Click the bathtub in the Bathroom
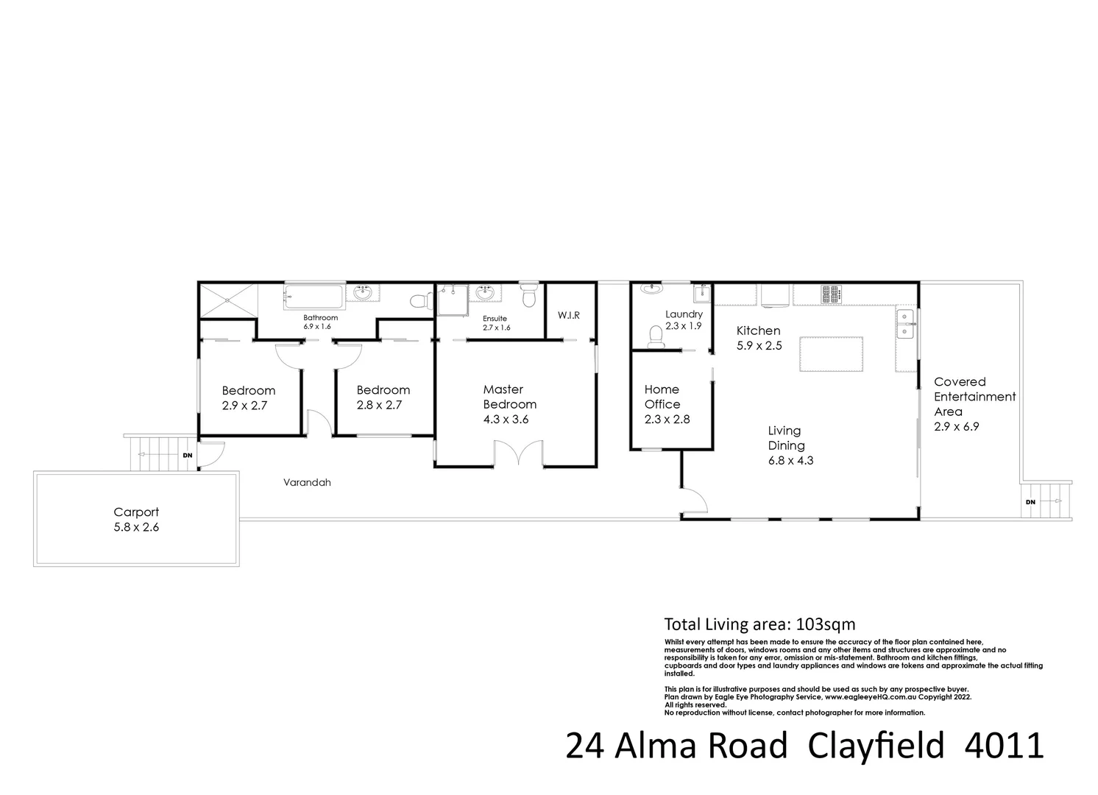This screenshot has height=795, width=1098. pyautogui.click(x=314, y=298)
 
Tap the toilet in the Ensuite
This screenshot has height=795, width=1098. pyautogui.click(x=528, y=297)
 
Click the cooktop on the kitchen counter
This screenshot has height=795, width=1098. pyautogui.click(x=832, y=294)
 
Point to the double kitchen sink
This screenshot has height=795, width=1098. pyautogui.click(x=905, y=325)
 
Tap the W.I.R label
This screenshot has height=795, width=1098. pyautogui.click(x=568, y=315)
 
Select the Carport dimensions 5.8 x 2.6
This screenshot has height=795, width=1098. pyautogui.click(x=136, y=527)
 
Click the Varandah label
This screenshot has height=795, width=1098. pyautogui.click(x=307, y=483)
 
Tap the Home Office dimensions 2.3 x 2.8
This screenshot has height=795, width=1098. pyautogui.click(x=667, y=420)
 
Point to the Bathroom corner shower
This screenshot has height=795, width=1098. pyautogui.click(x=227, y=300)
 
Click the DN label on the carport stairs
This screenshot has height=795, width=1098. pyautogui.click(x=188, y=456)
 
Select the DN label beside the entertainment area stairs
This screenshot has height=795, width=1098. pyautogui.click(x=1030, y=502)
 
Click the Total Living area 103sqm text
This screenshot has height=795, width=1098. pyautogui.click(x=759, y=624)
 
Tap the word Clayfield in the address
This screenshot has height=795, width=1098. pyautogui.click(x=876, y=746)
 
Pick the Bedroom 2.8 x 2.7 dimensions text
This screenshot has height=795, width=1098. pyautogui.click(x=383, y=405)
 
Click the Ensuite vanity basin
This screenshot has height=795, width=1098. pyautogui.click(x=486, y=294)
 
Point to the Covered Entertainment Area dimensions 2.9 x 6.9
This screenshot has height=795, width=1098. pyautogui.click(x=957, y=426)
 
